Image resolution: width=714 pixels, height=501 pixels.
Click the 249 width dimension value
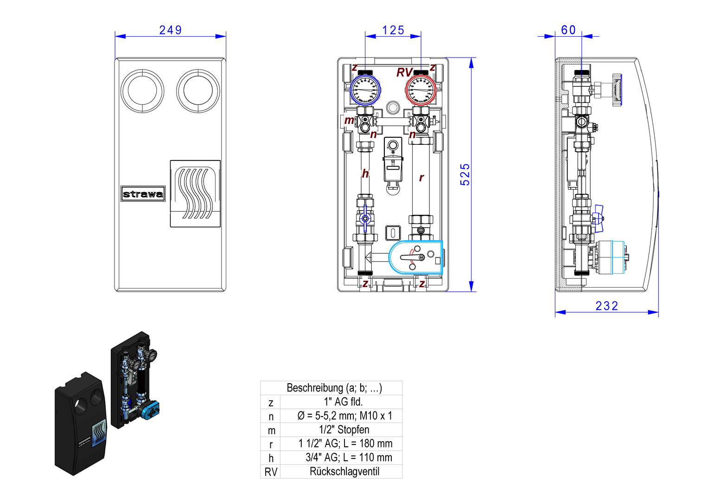tap(170, 30)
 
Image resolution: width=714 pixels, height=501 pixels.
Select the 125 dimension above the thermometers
tap(393, 30)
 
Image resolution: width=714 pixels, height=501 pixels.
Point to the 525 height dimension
tap(465, 174)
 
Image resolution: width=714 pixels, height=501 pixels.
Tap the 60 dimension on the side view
tap(568, 30)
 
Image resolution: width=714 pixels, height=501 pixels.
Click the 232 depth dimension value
tap(607, 306)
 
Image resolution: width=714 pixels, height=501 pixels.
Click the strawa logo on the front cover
tap(143, 194)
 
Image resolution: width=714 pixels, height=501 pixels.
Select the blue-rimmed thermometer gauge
tap(365, 90)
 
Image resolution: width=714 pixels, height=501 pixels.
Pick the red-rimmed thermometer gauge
tap(421, 90)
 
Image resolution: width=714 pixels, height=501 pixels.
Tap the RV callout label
tap(404, 73)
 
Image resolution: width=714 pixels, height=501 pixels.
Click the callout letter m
tap(349, 121)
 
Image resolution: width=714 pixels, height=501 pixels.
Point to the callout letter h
tap(365, 174)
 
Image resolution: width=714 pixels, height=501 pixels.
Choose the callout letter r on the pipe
tap(421, 178)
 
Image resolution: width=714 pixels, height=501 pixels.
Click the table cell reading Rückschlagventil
tap(344, 472)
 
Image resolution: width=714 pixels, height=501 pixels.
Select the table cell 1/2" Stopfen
tap(344, 430)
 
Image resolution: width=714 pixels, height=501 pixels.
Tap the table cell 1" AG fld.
tap(344, 402)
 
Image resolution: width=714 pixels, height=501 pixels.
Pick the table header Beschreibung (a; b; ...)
tap(334, 388)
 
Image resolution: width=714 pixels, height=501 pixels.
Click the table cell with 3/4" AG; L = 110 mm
tap(349, 458)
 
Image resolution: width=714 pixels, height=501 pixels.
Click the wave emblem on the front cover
tap(195, 193)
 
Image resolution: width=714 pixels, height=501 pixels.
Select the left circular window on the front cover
tap(142, 91)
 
